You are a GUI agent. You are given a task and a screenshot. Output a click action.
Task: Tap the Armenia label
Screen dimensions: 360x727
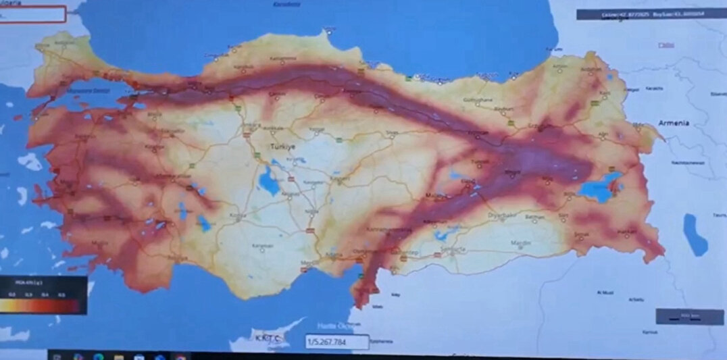click(674, 123)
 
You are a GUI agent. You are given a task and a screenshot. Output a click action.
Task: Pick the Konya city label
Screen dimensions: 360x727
click(236, 215)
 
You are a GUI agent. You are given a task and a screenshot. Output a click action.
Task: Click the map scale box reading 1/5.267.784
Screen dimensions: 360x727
click(336, 342)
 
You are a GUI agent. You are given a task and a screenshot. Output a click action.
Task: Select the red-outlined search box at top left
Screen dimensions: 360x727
click(32, 14)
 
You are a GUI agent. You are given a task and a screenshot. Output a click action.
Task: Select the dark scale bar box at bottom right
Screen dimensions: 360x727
click(682, 315)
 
